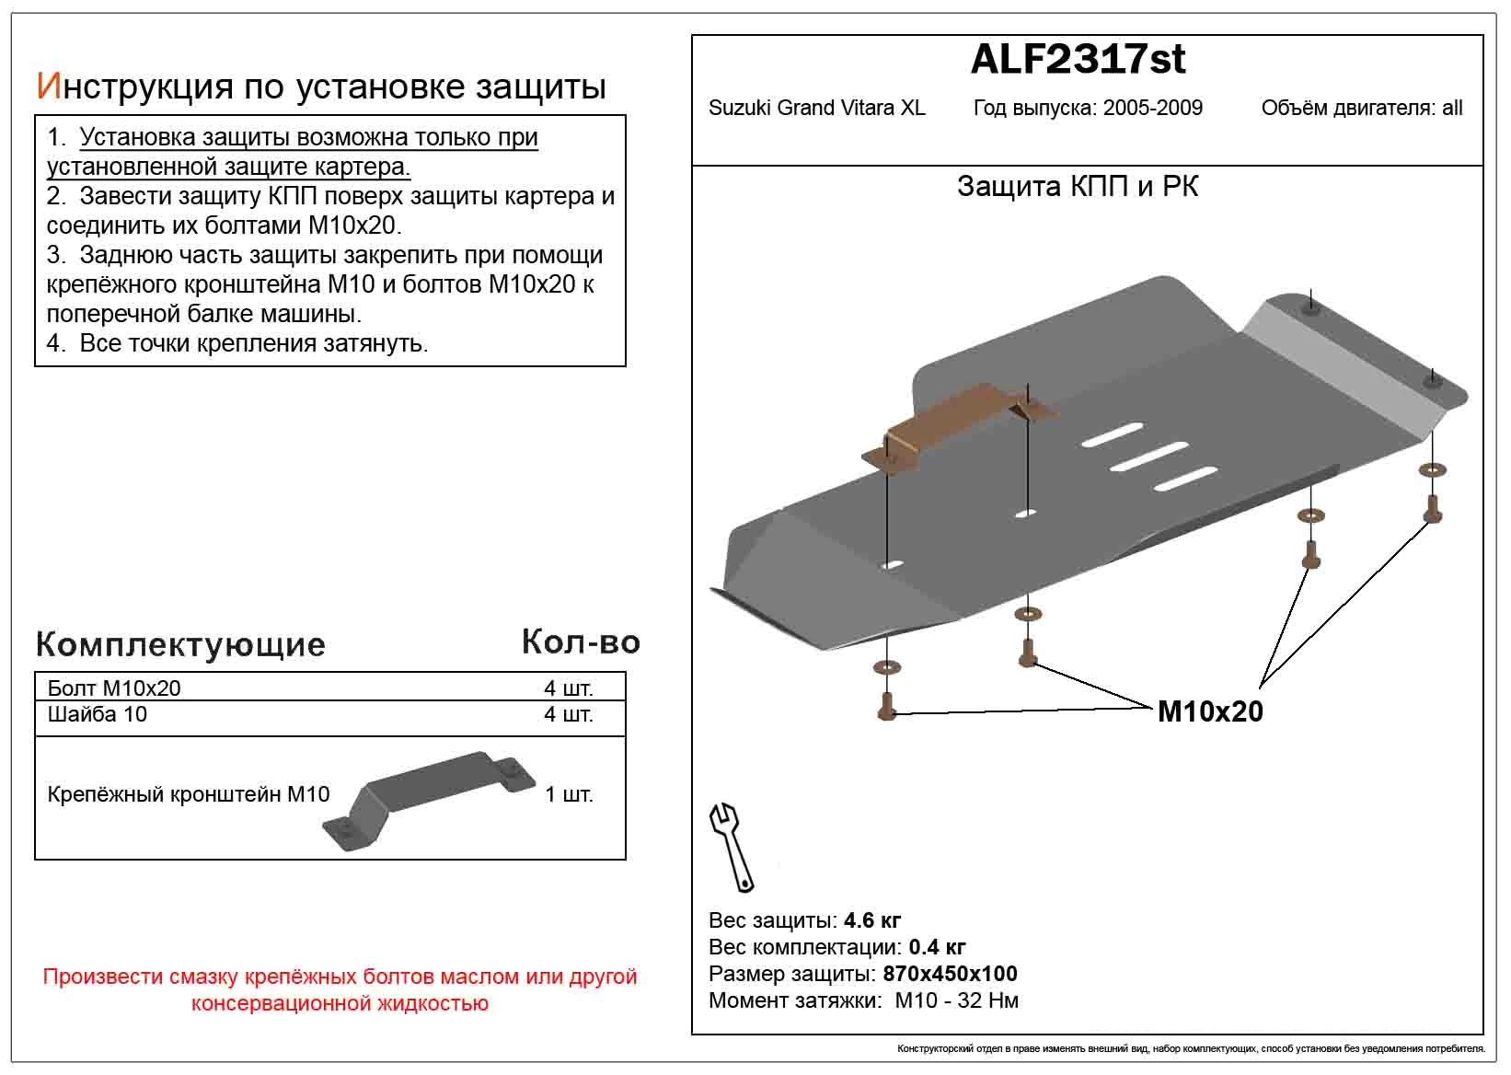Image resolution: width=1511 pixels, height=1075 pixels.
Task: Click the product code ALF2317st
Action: point(1078,60)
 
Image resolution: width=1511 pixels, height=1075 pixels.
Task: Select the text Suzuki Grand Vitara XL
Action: point(816,109)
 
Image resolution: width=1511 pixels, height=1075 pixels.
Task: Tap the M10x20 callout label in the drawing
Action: point(1210,711)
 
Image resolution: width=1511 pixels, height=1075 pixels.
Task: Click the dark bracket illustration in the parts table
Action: point(429,797)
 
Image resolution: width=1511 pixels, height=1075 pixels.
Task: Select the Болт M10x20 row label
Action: point(114,688)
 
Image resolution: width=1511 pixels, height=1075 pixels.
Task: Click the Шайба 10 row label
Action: point(97,714)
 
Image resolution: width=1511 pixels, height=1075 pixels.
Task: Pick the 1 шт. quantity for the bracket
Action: point(569,794)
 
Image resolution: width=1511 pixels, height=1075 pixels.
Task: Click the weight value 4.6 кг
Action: point(871,920)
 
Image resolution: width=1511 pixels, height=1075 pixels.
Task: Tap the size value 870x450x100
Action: point(950,974)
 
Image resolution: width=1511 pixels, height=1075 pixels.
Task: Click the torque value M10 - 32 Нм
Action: point(956,1000)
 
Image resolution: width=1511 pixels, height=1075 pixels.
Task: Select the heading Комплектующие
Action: point(180,644)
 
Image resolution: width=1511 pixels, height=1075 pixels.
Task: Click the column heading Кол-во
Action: point(580,642)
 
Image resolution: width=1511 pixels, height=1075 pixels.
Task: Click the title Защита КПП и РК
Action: point(1078,187)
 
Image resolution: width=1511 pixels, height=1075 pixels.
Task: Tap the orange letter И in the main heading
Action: point(48,86)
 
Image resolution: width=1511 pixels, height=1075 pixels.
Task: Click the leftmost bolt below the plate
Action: point(887,706)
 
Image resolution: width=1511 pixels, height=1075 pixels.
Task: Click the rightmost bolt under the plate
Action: point(1432,508)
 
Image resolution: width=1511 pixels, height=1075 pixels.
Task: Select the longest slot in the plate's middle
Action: point(1149,457)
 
